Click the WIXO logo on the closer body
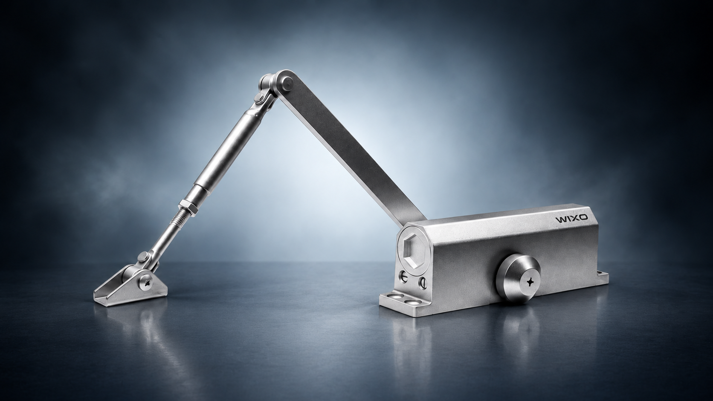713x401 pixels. coord(572,219)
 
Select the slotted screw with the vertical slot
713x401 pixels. coord(423,282)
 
